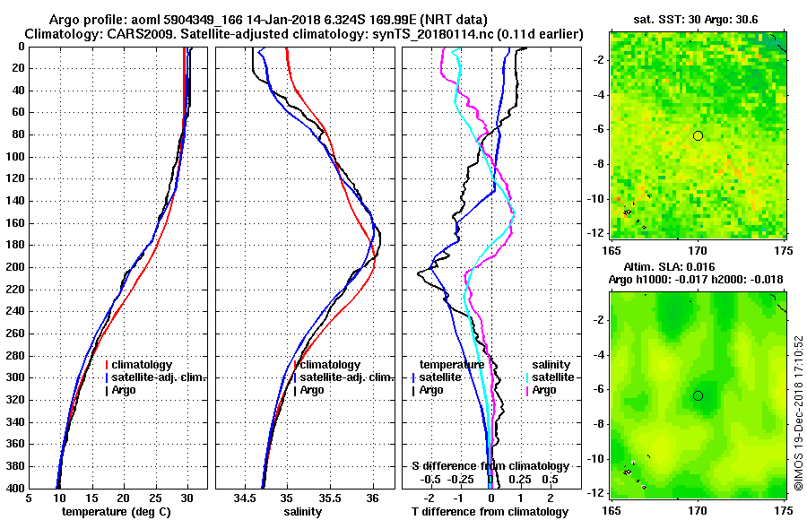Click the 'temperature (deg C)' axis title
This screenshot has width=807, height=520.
click(118, 512)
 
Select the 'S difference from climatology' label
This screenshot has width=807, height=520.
click(490, 466)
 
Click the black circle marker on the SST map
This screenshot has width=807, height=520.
click(698, 135)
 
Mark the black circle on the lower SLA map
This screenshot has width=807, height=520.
click(698, 395)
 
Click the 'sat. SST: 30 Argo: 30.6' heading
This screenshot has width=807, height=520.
click(697, 19)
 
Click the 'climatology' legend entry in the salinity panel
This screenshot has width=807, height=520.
click(331, 365)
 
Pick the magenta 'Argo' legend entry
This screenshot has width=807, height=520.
click(544, 390)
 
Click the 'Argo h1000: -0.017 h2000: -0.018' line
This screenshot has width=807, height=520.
click(696, 280)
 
